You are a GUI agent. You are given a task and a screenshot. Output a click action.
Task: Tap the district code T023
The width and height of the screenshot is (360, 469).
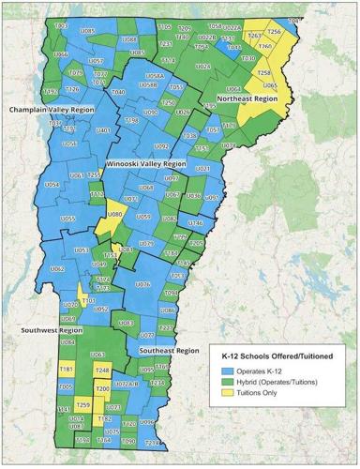pyautogui.click(x=62, y=27)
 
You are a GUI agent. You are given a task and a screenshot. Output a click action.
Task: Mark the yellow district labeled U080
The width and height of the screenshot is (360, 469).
pyautogui.click(x=116, y=216)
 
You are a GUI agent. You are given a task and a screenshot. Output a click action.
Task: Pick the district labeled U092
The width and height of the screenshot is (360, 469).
pyautogui.click(x=161, y=146)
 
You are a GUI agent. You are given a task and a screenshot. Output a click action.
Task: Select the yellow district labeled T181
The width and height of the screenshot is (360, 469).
pyautogui.click(x=66, y=371)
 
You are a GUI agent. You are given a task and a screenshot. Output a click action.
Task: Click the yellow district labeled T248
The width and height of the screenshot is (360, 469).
pyautogui.click(x=103, y=371)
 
